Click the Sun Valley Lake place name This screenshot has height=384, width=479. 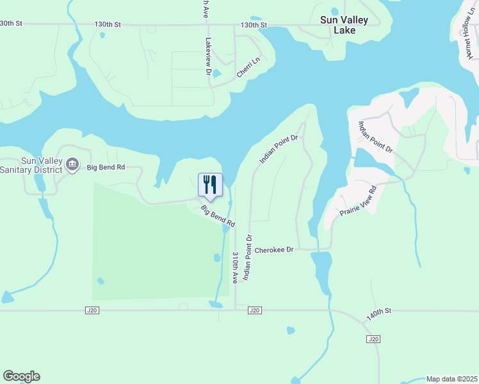point(344,25)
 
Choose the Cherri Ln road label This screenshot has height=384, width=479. point(248,68)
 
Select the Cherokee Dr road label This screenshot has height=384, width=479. point(273,250)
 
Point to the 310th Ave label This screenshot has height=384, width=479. point(235,268)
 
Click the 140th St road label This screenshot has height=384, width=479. point(378,314)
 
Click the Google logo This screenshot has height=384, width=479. point(21,376)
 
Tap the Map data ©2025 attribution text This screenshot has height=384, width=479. point(451,379)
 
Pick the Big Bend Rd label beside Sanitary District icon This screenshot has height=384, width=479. point(106,167)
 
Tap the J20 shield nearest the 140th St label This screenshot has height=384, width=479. point(373,338)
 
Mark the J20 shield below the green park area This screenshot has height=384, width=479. point(93,310)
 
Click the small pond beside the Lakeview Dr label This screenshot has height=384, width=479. point(216,73)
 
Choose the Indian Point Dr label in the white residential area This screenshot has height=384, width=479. point(376,137)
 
